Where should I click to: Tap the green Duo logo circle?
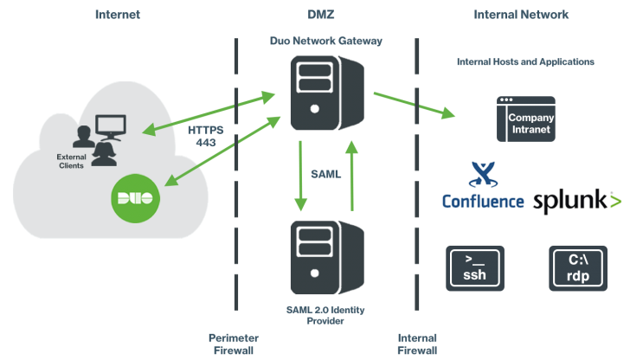tap(134, 197)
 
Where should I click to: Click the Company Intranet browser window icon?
tap(525, 119)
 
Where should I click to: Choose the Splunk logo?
tap(576, 202)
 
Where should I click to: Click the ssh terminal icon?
tap(474, 267)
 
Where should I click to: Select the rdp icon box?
tap(577, 267)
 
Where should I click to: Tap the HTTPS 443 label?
tap(205, 136)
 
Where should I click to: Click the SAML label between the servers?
tap(326, 174)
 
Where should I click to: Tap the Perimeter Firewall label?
tap(234, 344)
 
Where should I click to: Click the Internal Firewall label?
tap(417, 344)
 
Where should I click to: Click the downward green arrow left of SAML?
tap(300, 177)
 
